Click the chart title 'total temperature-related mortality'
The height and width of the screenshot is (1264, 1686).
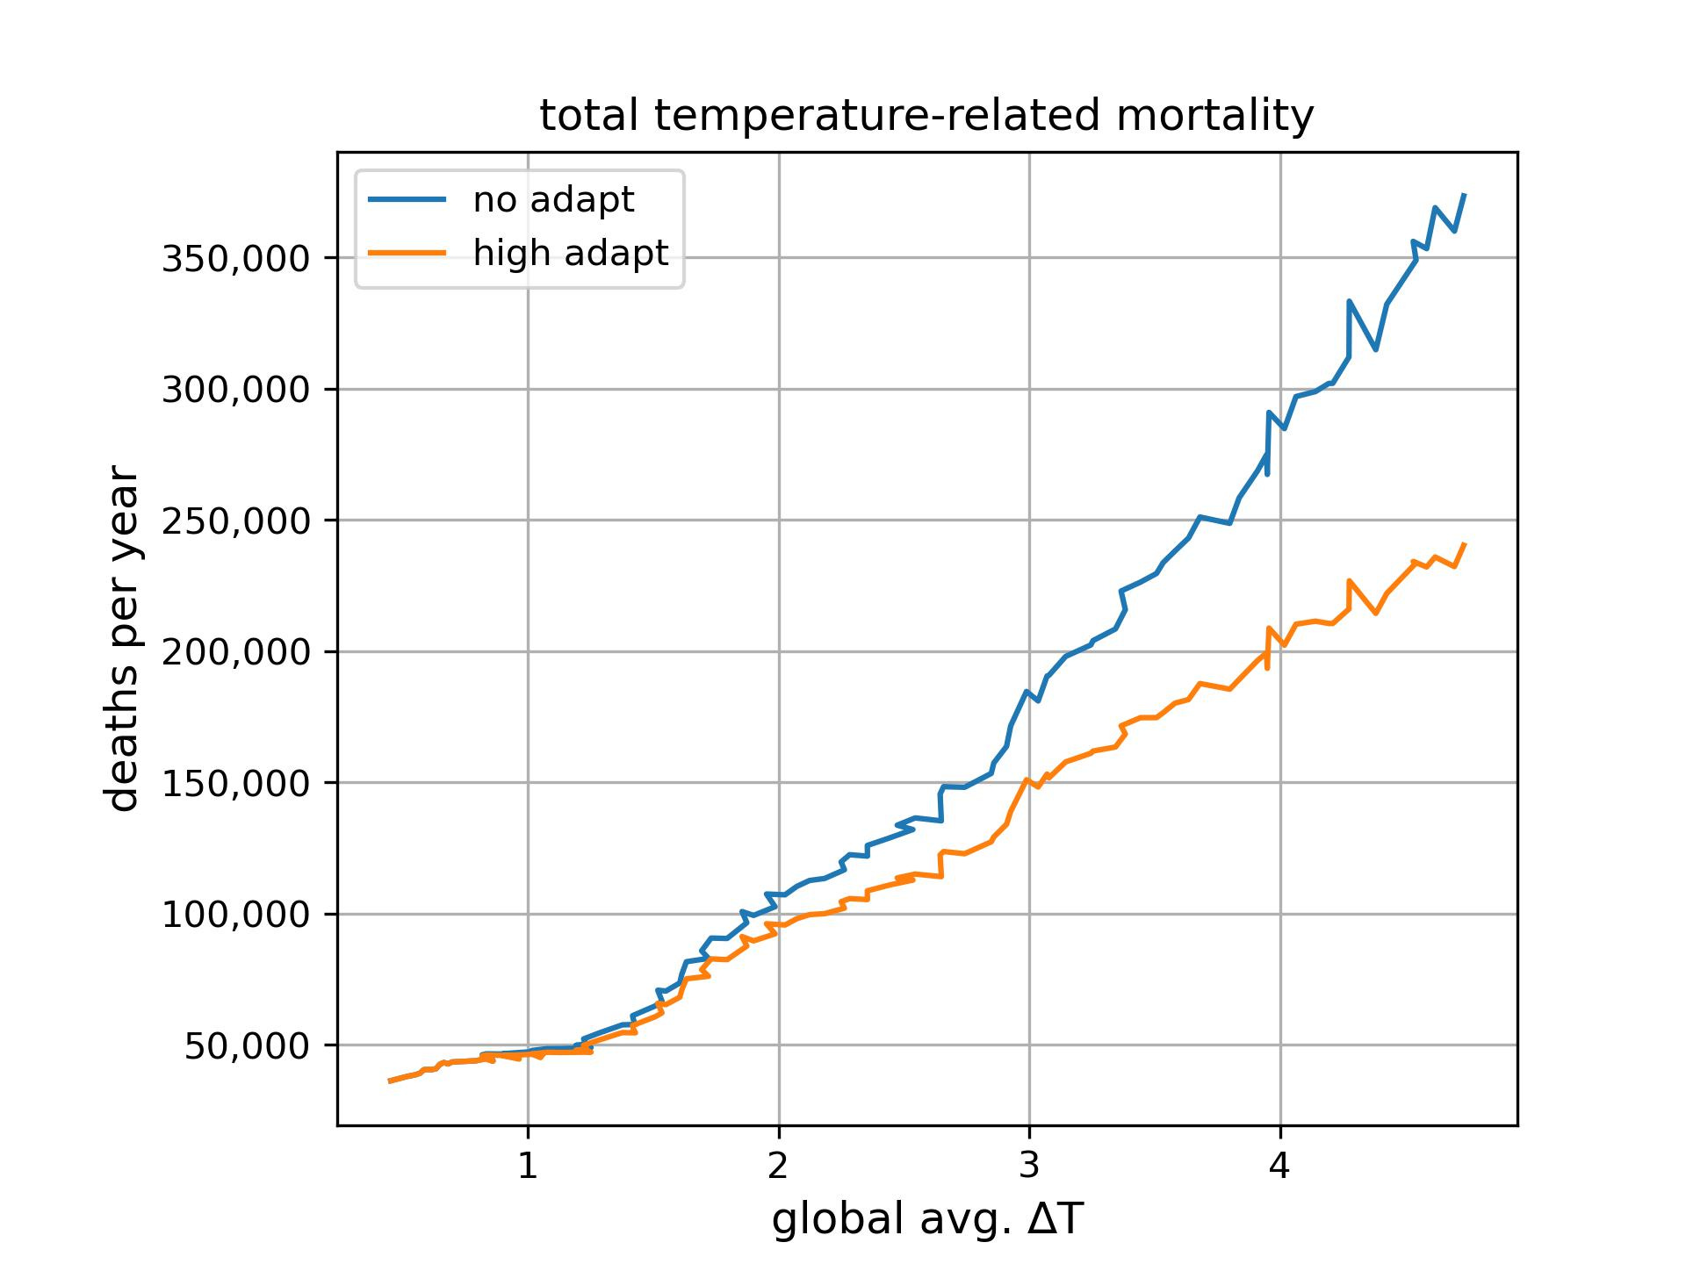(x=926, y=116)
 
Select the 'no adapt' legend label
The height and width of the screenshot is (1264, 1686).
(x=553, y=200)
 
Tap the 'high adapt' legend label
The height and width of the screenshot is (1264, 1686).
(x=571, y=253)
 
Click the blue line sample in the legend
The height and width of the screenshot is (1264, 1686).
(x=407, y=200)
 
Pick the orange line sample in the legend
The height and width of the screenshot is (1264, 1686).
(x=407, y=253)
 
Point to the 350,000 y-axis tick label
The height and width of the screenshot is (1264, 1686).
(x=236, y=259)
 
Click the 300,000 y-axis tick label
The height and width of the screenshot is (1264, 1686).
(x=236, y=390)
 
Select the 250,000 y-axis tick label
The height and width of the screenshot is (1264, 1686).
(x=236, y=521)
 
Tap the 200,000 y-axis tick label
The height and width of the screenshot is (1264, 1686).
(x=236, y=652)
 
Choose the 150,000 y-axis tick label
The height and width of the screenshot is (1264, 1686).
(x=236, y=784)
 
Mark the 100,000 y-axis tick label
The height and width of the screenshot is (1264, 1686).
(x=236, y=915)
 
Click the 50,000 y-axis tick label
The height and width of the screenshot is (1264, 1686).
(x=248, y=1046)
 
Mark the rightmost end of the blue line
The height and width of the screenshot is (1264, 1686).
(x=1465, y=195)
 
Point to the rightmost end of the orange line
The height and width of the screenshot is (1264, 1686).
(x=1465, y=544)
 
